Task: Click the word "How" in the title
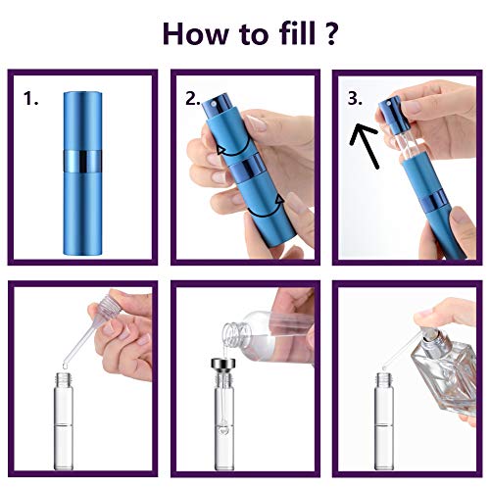[x=195, y=33]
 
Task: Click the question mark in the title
[x=330, y=33]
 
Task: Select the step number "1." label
[x=30, y=98]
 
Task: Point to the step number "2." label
[x=193, y=98]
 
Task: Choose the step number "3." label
[x=355, y=98]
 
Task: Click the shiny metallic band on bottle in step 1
[x=82, y=162]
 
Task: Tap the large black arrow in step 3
[x=366, y=145]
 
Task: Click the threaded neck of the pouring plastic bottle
[x=234, y=333]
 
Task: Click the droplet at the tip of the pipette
[x=65, y=367]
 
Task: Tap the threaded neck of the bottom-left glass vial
[x=64, y=379]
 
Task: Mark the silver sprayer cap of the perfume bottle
[x=433, y=337]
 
